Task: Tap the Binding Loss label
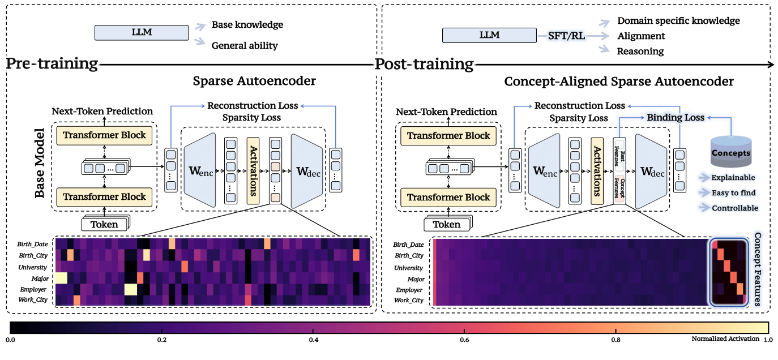675,118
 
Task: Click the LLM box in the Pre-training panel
142,32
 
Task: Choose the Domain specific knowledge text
678,21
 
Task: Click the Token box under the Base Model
105,224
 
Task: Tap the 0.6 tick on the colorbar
465,340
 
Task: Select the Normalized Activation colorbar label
726,338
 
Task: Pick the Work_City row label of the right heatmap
408,301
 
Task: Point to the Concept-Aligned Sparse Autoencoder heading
619,82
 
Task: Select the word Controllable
735,208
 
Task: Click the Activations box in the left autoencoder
253,170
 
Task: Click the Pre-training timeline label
52,63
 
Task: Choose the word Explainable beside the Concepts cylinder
734,178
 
